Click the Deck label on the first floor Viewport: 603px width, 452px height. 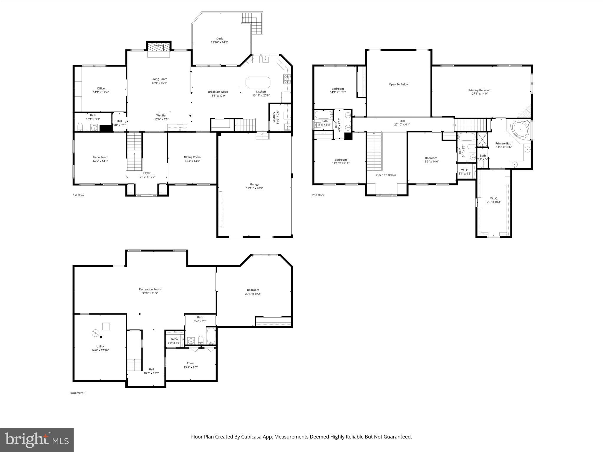[219, 39]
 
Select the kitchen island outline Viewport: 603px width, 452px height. [258, 82]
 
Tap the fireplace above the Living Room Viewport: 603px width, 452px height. [159, 47]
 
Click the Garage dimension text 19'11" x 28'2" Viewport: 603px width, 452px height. [254, 188]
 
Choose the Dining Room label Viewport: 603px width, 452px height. [192, 157]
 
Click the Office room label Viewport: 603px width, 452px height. [101, 88]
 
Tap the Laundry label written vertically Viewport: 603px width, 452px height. [274, 117]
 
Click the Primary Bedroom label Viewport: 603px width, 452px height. [480, 90]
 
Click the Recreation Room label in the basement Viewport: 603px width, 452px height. [150, 289]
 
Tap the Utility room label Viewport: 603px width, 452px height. [100, 346]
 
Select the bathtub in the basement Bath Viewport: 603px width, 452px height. [211, 336]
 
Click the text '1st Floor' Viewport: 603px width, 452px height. [78, 195]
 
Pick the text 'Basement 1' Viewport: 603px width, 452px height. [78, 393]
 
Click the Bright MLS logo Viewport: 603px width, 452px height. [37, 440]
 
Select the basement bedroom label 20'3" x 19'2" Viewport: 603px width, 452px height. [253, 294]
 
